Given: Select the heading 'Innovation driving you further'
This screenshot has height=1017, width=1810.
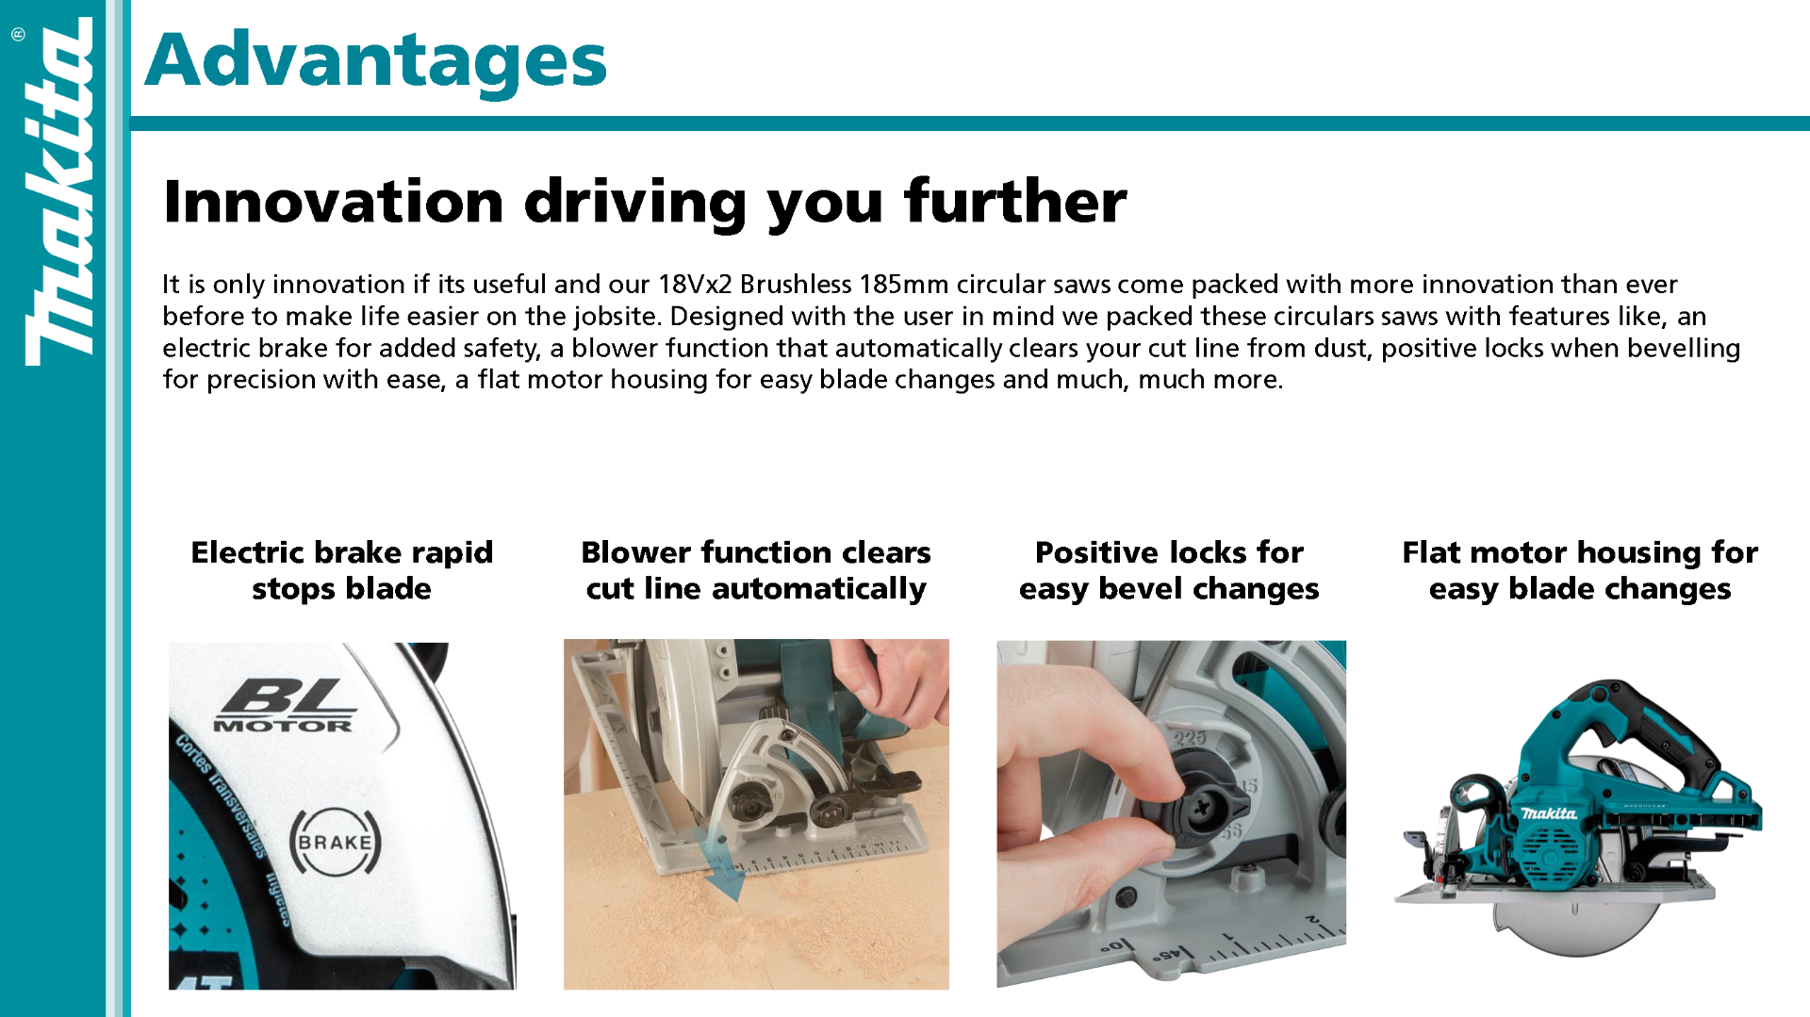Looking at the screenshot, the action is coord(645,201).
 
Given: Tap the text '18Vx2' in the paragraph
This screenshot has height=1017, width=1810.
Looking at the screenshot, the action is coord(695,285).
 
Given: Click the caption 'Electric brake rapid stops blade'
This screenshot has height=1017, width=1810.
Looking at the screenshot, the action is coord(342,570).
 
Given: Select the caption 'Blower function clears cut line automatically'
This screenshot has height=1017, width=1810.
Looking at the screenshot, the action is coord(756,570).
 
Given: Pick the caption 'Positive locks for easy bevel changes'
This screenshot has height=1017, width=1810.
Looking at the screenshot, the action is coord(1169,570).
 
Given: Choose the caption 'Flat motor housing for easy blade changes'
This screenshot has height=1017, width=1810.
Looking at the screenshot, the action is coord(1580,570).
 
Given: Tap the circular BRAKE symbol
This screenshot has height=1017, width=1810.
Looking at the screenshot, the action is coord(335,842).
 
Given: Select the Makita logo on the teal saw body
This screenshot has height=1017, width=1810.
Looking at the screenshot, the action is coord(1549,813).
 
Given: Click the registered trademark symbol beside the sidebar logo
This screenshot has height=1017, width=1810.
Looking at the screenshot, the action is coord(18,35).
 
